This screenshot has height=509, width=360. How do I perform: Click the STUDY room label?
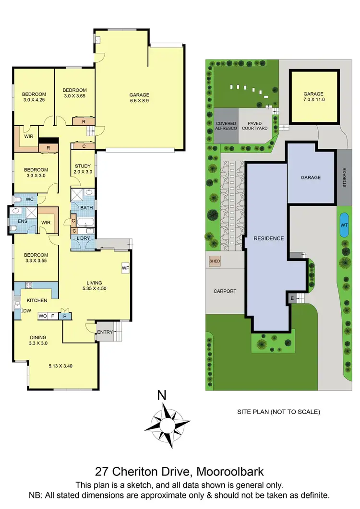83,166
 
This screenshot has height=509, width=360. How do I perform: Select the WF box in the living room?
125,267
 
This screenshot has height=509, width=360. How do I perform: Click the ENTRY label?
105,332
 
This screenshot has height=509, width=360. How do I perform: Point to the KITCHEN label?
36,300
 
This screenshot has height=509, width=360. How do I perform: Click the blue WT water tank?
344,225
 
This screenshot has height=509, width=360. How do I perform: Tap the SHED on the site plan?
214,261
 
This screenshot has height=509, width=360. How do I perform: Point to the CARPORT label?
225,291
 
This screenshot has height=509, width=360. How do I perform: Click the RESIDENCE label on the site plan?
269,238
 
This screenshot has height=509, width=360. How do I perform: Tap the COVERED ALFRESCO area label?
226,127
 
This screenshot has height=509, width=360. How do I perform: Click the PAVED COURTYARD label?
254,127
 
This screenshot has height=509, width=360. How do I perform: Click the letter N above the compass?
162,396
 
